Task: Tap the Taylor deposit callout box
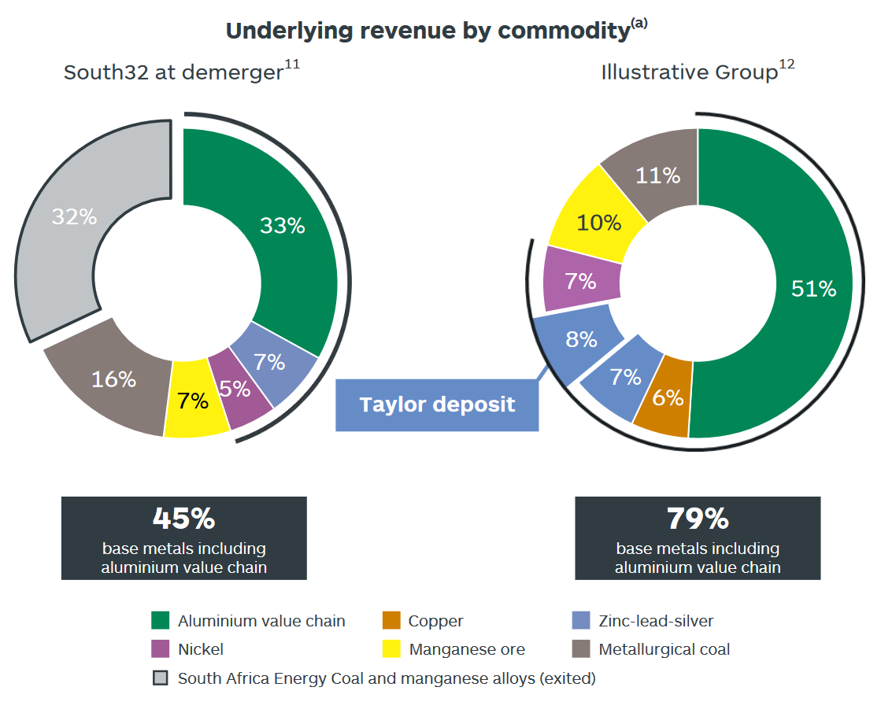(x=437, y=405)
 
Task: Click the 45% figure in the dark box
(x=183, y=519)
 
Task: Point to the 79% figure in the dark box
(x=698, y=519)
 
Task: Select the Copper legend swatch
(x=391, y=621)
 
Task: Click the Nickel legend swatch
(x=161, y=649)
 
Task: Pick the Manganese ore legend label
(x=467, y=649)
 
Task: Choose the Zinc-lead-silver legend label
(x=656, y=621)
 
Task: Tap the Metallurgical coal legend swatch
(x=581, y=649)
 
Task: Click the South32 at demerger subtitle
(x=173, y=72)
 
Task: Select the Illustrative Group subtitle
(x=690, y=72)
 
